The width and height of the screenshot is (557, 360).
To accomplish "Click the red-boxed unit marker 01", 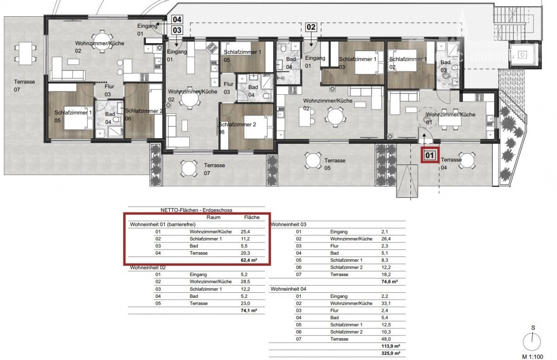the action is [430, 155].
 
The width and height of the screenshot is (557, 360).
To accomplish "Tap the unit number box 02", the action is [311, 27].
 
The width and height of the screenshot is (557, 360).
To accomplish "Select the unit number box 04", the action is [177, 19].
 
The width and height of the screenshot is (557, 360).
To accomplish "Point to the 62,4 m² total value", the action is [249, 260].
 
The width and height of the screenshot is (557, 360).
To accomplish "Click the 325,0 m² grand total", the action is [391, 353].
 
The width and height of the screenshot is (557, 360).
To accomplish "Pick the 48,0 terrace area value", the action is [386, 339].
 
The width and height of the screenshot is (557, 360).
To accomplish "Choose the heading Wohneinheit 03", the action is [288, 225].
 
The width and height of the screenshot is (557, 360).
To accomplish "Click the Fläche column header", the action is [252, 217].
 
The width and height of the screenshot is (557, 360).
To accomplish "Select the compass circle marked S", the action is [532, 342].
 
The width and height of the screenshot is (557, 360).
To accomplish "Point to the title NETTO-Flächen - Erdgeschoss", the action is [196, 210].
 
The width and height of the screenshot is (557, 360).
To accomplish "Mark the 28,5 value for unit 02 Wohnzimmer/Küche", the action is [245, 282].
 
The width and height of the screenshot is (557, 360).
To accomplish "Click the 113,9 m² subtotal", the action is [391, 346].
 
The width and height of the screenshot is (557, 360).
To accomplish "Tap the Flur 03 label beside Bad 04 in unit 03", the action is [228, 88].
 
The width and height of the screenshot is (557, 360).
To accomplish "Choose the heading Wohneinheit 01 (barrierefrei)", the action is [162, 225].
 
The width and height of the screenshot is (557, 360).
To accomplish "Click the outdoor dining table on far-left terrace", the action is [26, 54].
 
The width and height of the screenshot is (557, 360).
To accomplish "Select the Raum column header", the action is [214, 217].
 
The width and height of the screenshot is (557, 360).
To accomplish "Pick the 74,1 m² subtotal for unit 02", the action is [249, 310].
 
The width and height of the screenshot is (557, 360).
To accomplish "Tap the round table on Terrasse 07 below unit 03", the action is [189, 169].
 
